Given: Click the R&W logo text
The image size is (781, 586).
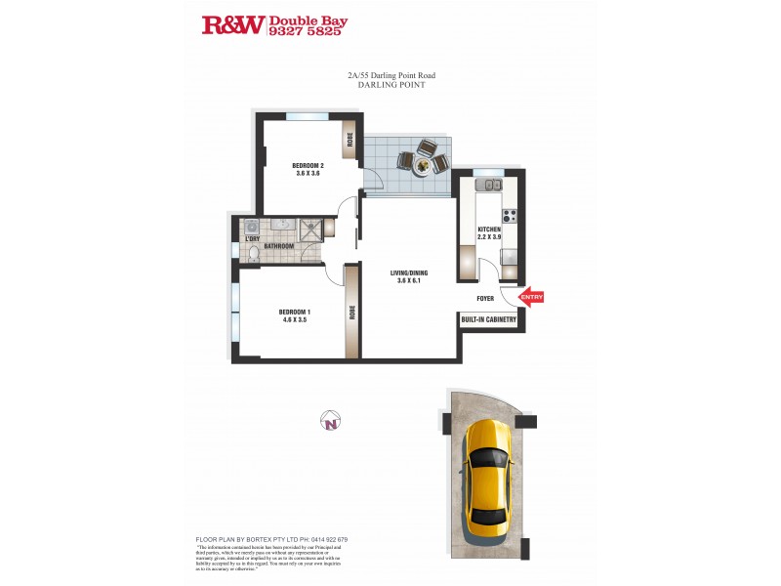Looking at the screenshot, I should [232, 24].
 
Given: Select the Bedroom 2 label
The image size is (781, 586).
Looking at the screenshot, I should [308, 165].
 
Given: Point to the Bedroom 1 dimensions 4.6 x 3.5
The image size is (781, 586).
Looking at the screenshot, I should [278, 320].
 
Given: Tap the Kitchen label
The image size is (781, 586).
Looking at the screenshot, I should [489, 230].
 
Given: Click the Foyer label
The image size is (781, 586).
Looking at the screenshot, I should [485, 299].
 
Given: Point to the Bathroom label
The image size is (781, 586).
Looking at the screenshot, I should [277, 246].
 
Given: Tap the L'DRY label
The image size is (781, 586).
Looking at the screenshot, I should [252, 239].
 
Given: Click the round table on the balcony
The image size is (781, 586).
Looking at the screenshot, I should [422, 165].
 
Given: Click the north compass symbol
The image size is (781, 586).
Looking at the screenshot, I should [331, 422].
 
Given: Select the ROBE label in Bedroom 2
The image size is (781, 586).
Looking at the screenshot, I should [349, 140].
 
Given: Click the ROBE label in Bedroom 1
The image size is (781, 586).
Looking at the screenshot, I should [350, 314].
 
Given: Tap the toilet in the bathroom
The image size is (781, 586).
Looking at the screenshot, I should [252, 255].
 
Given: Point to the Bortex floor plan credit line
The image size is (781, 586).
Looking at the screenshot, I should [271, 539].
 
